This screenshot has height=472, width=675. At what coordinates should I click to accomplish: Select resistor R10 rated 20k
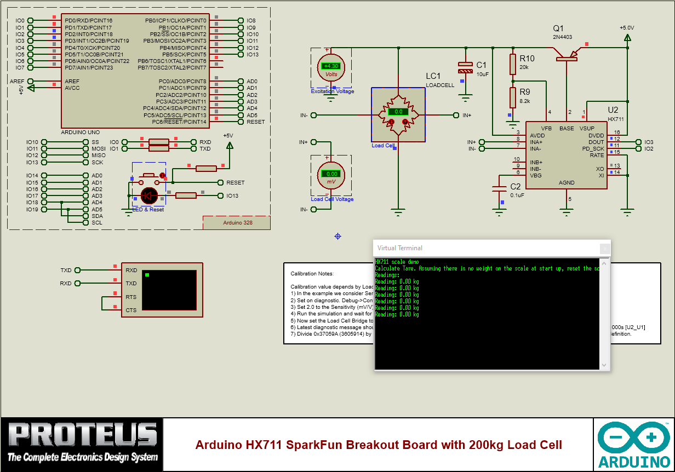click(513, 64)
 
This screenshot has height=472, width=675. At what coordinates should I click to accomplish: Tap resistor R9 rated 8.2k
click(513, 97)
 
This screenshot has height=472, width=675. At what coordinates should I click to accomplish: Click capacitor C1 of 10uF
click(465, 68)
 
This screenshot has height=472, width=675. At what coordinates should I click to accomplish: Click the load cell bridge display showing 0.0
click(398, 112)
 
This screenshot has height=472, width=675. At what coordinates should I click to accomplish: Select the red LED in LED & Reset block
click(150, 195)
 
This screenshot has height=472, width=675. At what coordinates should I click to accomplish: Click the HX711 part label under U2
click(616, 118)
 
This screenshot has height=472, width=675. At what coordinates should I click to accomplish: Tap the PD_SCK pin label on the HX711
click(593, 149)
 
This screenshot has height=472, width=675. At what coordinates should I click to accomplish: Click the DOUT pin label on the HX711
click(596, 142)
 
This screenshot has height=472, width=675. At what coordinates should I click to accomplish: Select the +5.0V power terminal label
click(627, 27)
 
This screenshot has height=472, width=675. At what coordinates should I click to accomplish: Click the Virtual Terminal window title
click(400, 248)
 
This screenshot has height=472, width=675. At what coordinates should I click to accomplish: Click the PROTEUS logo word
click(82, 435)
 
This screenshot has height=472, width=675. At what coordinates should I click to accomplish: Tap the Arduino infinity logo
click(634, 438)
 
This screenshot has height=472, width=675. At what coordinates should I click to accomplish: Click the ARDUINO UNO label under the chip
click(81, 133)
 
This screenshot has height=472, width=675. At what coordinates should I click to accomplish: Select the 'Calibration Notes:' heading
click(312, 273)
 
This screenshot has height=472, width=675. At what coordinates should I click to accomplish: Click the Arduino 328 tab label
click(237, 223)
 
